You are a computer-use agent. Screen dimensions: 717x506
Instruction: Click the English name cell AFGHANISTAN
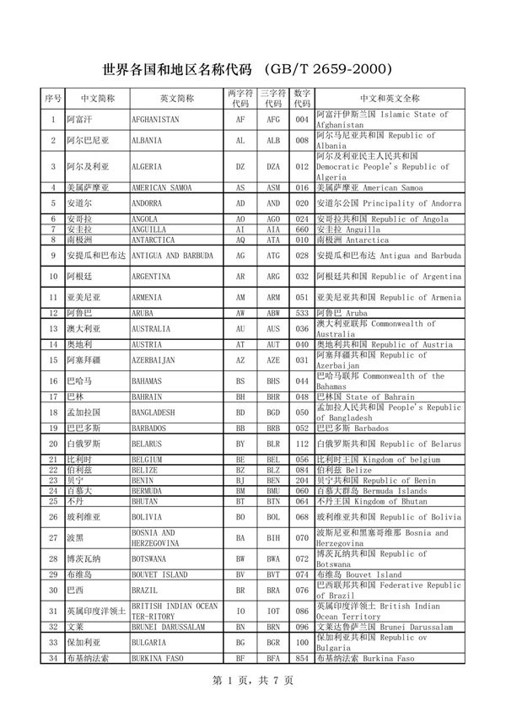(155, 120)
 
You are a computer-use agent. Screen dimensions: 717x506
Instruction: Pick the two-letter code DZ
(240, 167)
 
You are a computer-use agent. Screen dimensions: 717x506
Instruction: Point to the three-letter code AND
(273, 204)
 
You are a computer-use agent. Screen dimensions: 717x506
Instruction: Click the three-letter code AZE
(273, 360)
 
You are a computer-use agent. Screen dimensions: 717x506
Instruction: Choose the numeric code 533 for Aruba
(302, 313)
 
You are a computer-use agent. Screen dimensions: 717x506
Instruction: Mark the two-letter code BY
(240, 444)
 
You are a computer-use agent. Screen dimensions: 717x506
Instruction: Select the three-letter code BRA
(273, 590)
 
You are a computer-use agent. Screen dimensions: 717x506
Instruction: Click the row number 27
(53, 538)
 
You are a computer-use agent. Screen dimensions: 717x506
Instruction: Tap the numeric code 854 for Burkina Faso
(302, 658)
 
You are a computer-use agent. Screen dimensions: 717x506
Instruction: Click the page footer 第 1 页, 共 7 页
(252, 680)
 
